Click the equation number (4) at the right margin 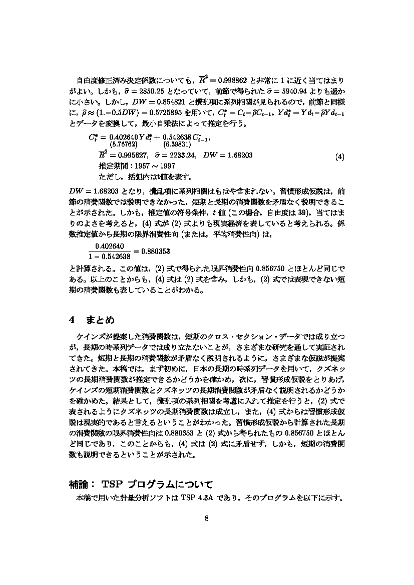(x=339, y=157)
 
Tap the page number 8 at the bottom (x=206, y=517)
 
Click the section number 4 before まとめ (x=72, y=319)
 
